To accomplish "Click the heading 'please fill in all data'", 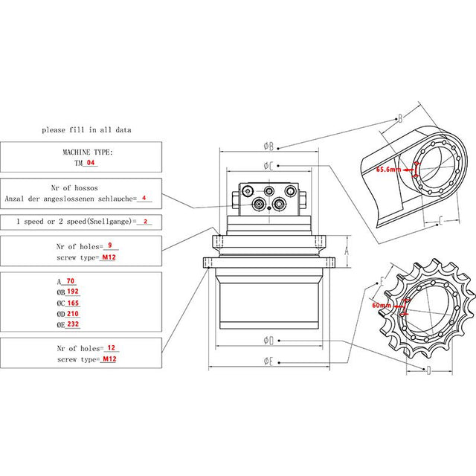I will (86, 129).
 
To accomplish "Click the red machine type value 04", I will (91, 162).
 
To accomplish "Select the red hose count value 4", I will (144, 199).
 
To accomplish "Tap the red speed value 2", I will (145, 222).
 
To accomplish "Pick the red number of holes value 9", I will (109, 245).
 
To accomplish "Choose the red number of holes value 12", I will (111, 348).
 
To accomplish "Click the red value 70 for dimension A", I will (71, 282).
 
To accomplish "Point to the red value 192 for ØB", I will (72, 292).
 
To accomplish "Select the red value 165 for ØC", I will (72, 303).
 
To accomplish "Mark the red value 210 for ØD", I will (72, 314).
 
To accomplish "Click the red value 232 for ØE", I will (72, 324).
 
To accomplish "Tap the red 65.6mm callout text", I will (388, 169).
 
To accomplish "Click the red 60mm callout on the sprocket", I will (382, 305).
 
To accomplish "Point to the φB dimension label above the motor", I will (269, 146).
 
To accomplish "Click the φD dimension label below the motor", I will (269, 341).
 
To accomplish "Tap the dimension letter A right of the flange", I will (346, 252).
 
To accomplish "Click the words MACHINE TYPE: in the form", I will (86, 151).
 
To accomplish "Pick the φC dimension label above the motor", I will (268, 164).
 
